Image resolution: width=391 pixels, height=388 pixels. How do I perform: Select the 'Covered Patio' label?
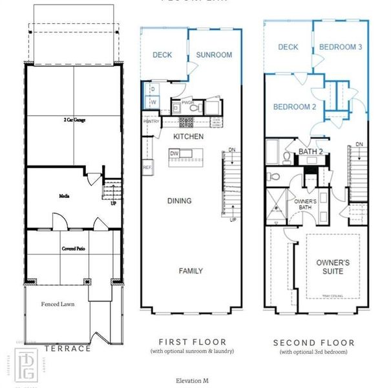pos(74,248)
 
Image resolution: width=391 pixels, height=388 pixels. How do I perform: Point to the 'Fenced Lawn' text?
pos(56,303)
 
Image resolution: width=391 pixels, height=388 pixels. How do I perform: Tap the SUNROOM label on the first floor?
pos(214,55)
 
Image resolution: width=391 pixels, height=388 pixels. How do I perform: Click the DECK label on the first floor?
pos(162,55)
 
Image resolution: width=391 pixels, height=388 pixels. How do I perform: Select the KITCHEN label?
pos(188,136)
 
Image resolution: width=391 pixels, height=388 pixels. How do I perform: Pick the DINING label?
pos(179,201)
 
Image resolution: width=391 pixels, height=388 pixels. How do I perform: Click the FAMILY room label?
pos(191,271)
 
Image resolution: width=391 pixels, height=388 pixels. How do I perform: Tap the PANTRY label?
pos(151,121)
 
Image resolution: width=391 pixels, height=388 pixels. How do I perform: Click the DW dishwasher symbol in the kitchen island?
pos(174,153)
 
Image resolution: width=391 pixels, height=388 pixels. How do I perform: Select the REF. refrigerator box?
pos(147,167)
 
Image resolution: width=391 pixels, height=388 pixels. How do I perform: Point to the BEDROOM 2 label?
pos(293,107)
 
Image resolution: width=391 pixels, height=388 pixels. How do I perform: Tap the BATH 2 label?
pos(310,152)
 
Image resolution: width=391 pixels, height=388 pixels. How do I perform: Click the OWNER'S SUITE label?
pos(333,266)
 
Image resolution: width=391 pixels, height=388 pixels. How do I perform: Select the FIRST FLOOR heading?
pos(193,341)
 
